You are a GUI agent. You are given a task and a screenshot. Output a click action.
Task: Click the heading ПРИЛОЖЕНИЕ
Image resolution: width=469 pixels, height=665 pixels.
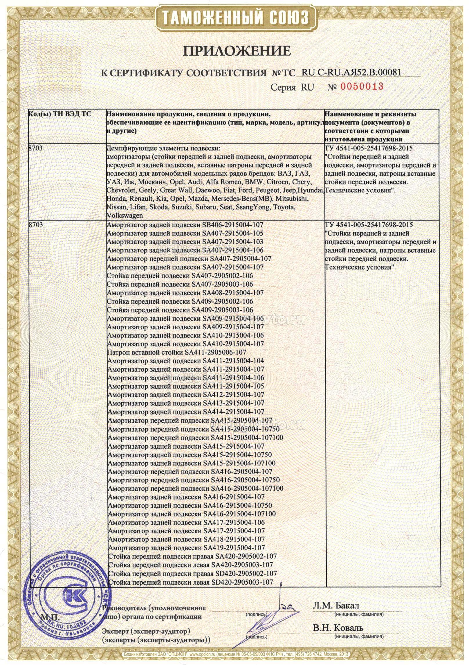[237, 51]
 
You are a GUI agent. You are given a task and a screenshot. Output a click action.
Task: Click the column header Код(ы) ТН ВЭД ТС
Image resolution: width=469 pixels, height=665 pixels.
[60, 114]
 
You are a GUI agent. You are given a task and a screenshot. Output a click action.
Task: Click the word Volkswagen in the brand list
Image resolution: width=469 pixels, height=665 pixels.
[125, 216]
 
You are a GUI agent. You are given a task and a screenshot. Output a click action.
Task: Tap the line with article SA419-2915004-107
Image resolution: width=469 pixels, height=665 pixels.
[186, 548]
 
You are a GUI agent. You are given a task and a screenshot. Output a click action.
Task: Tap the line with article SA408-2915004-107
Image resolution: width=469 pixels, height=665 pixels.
[185, 292]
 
